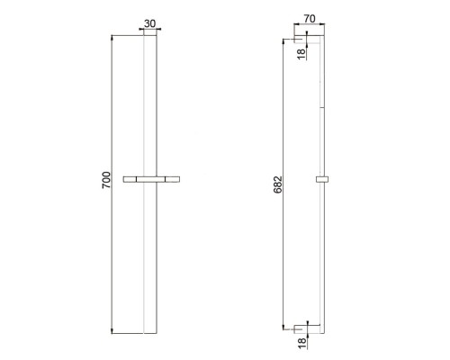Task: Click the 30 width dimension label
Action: pyautogui.click(x=150, y=23)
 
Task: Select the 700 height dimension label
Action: pyautogui.click(x=106, y=180)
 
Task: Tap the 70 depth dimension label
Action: pyautogui.click(x=310, y=19)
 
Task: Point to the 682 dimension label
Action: pyautogui.click(x=278, y=184)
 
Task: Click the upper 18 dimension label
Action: pyautogui.click(x=301, y=54)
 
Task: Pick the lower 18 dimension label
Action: pyautogui.click(x=302, y=343)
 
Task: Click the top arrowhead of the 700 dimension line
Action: pyautogui.click(x=112, y=37)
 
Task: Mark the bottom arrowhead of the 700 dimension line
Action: pyautogui.click(x=112, y=331)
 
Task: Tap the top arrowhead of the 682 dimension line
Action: pyautogui.click(x=283, y=41)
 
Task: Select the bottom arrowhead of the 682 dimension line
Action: pyautogui.click(x=283, y=327)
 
